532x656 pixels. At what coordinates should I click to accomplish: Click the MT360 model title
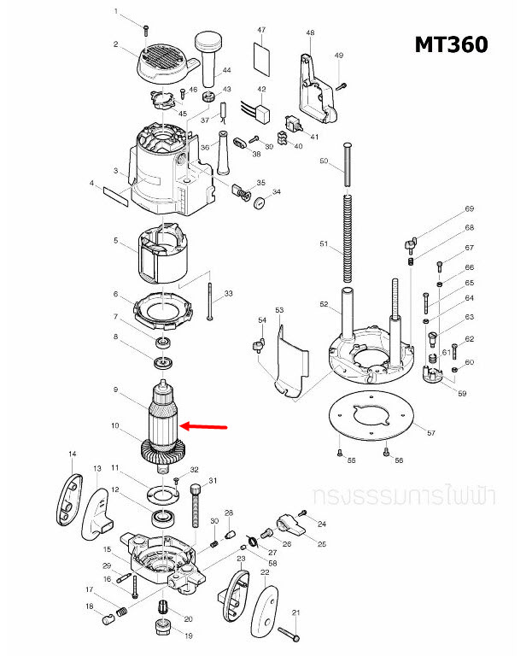click(x=451, y=44)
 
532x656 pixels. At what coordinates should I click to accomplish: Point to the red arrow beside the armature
click(x=203, y=426)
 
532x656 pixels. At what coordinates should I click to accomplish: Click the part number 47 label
click(x=261, y=30)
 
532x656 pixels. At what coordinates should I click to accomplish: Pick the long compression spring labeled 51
click(x=348, y=237)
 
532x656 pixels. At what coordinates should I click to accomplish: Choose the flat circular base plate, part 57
click(x=371, y=416)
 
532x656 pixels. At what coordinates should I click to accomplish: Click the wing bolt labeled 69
click(x=410, y=245)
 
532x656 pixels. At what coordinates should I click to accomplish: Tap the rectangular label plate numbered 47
click(x=261, y=58)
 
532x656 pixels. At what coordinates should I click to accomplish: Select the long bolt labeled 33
click(x=209, y=302)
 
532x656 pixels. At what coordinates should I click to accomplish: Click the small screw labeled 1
click(x=145, y=30)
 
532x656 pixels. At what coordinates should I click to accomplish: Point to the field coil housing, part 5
click(x=162, y=254)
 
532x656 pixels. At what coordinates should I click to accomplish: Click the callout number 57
click(x=431, y=433)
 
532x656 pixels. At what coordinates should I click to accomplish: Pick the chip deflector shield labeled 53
click(x=291, y=361)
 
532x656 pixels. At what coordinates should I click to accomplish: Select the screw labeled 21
click(x=288, y=634)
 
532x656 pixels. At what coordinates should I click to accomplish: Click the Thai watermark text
click(x=404, y=495)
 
